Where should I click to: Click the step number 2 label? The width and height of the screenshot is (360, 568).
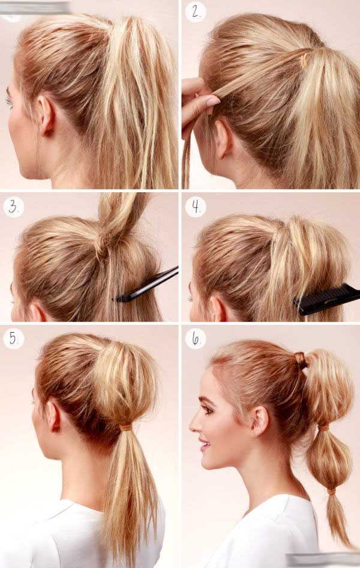[x=196, y=12]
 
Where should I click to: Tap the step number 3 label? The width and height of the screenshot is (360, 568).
[x=13, y=207]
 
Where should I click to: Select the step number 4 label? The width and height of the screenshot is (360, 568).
[x=196, y=207]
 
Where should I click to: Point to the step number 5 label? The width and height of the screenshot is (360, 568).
[x=13, y=339]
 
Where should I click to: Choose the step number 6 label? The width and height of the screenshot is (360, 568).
[x=196, y=339]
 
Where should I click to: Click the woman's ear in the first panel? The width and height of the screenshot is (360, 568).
[x=47, y=115]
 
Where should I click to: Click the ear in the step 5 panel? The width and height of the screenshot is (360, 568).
[x=53, y=415]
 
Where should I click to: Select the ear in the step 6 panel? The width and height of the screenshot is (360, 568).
[x=260, y=421]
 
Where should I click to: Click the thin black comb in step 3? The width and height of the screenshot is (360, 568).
[x=146, y=285]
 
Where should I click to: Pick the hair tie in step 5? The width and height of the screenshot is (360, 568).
[x=126, y=428]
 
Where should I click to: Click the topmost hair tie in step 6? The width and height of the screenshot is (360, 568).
[x=301, y=360]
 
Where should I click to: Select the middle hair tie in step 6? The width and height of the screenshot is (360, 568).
[x=323, y=427]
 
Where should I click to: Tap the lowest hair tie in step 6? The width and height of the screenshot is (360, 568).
[x=331, y=492]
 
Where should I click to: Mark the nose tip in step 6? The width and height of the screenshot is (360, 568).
[x=191, y=428]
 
